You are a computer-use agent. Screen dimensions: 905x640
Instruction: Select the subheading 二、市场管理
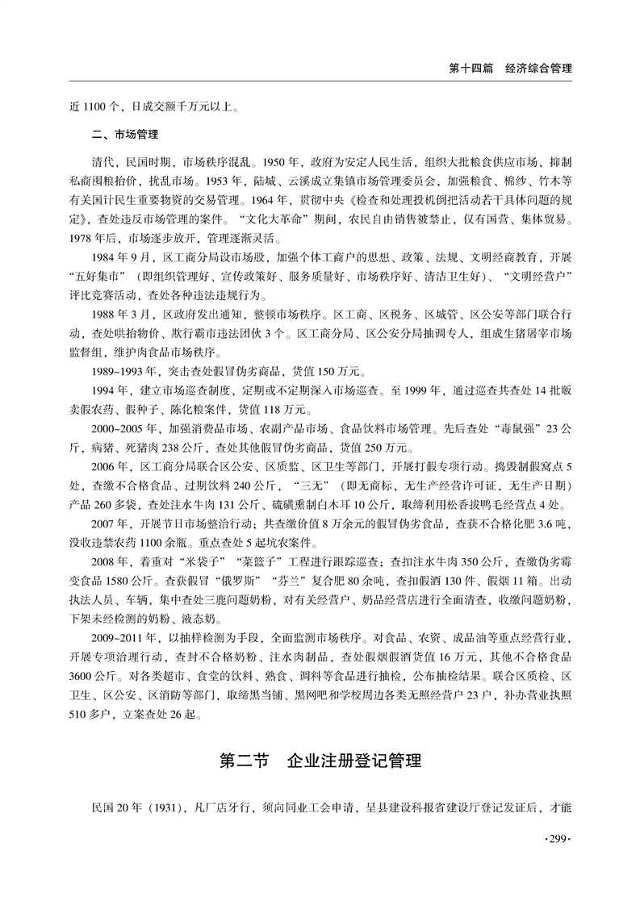point(125,134)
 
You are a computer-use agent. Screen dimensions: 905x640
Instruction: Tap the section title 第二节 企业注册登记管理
point(320,761)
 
